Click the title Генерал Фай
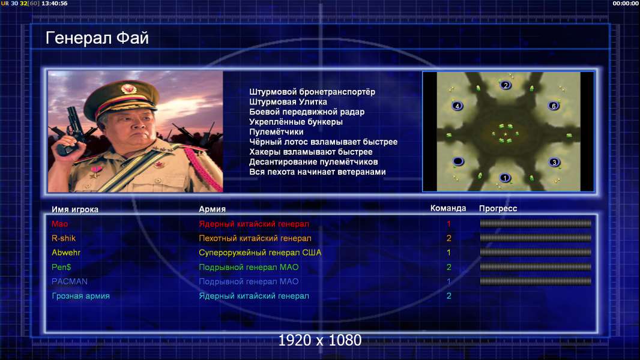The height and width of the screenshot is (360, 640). tap(97, 38)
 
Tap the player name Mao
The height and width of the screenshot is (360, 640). tap(59, 224)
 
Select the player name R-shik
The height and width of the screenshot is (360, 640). tap(63, 238)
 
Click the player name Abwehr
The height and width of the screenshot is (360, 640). tap(65, 253)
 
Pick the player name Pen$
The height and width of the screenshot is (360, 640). tap(61, 267)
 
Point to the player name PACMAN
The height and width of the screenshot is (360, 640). tap(70, 281)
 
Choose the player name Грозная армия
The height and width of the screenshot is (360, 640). tap(80, 296)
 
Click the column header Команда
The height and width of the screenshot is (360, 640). tap(448, 208)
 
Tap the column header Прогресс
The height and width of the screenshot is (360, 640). tap(498, 209)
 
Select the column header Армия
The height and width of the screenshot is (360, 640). tap(212, 209)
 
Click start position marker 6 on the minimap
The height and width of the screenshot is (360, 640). tap(554, 106)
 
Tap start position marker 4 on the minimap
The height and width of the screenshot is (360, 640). tap(457, 106)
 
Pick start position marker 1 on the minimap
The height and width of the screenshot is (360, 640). tap(505, 178)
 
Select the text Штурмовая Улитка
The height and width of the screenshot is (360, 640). tap(288, 102)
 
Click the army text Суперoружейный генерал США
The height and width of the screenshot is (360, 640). tap(260, 253)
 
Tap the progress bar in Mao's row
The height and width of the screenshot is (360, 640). tap(536, 223)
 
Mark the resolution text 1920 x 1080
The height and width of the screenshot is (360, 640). tap(319, 340)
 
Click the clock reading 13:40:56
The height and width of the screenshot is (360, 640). tap(54, 3)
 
